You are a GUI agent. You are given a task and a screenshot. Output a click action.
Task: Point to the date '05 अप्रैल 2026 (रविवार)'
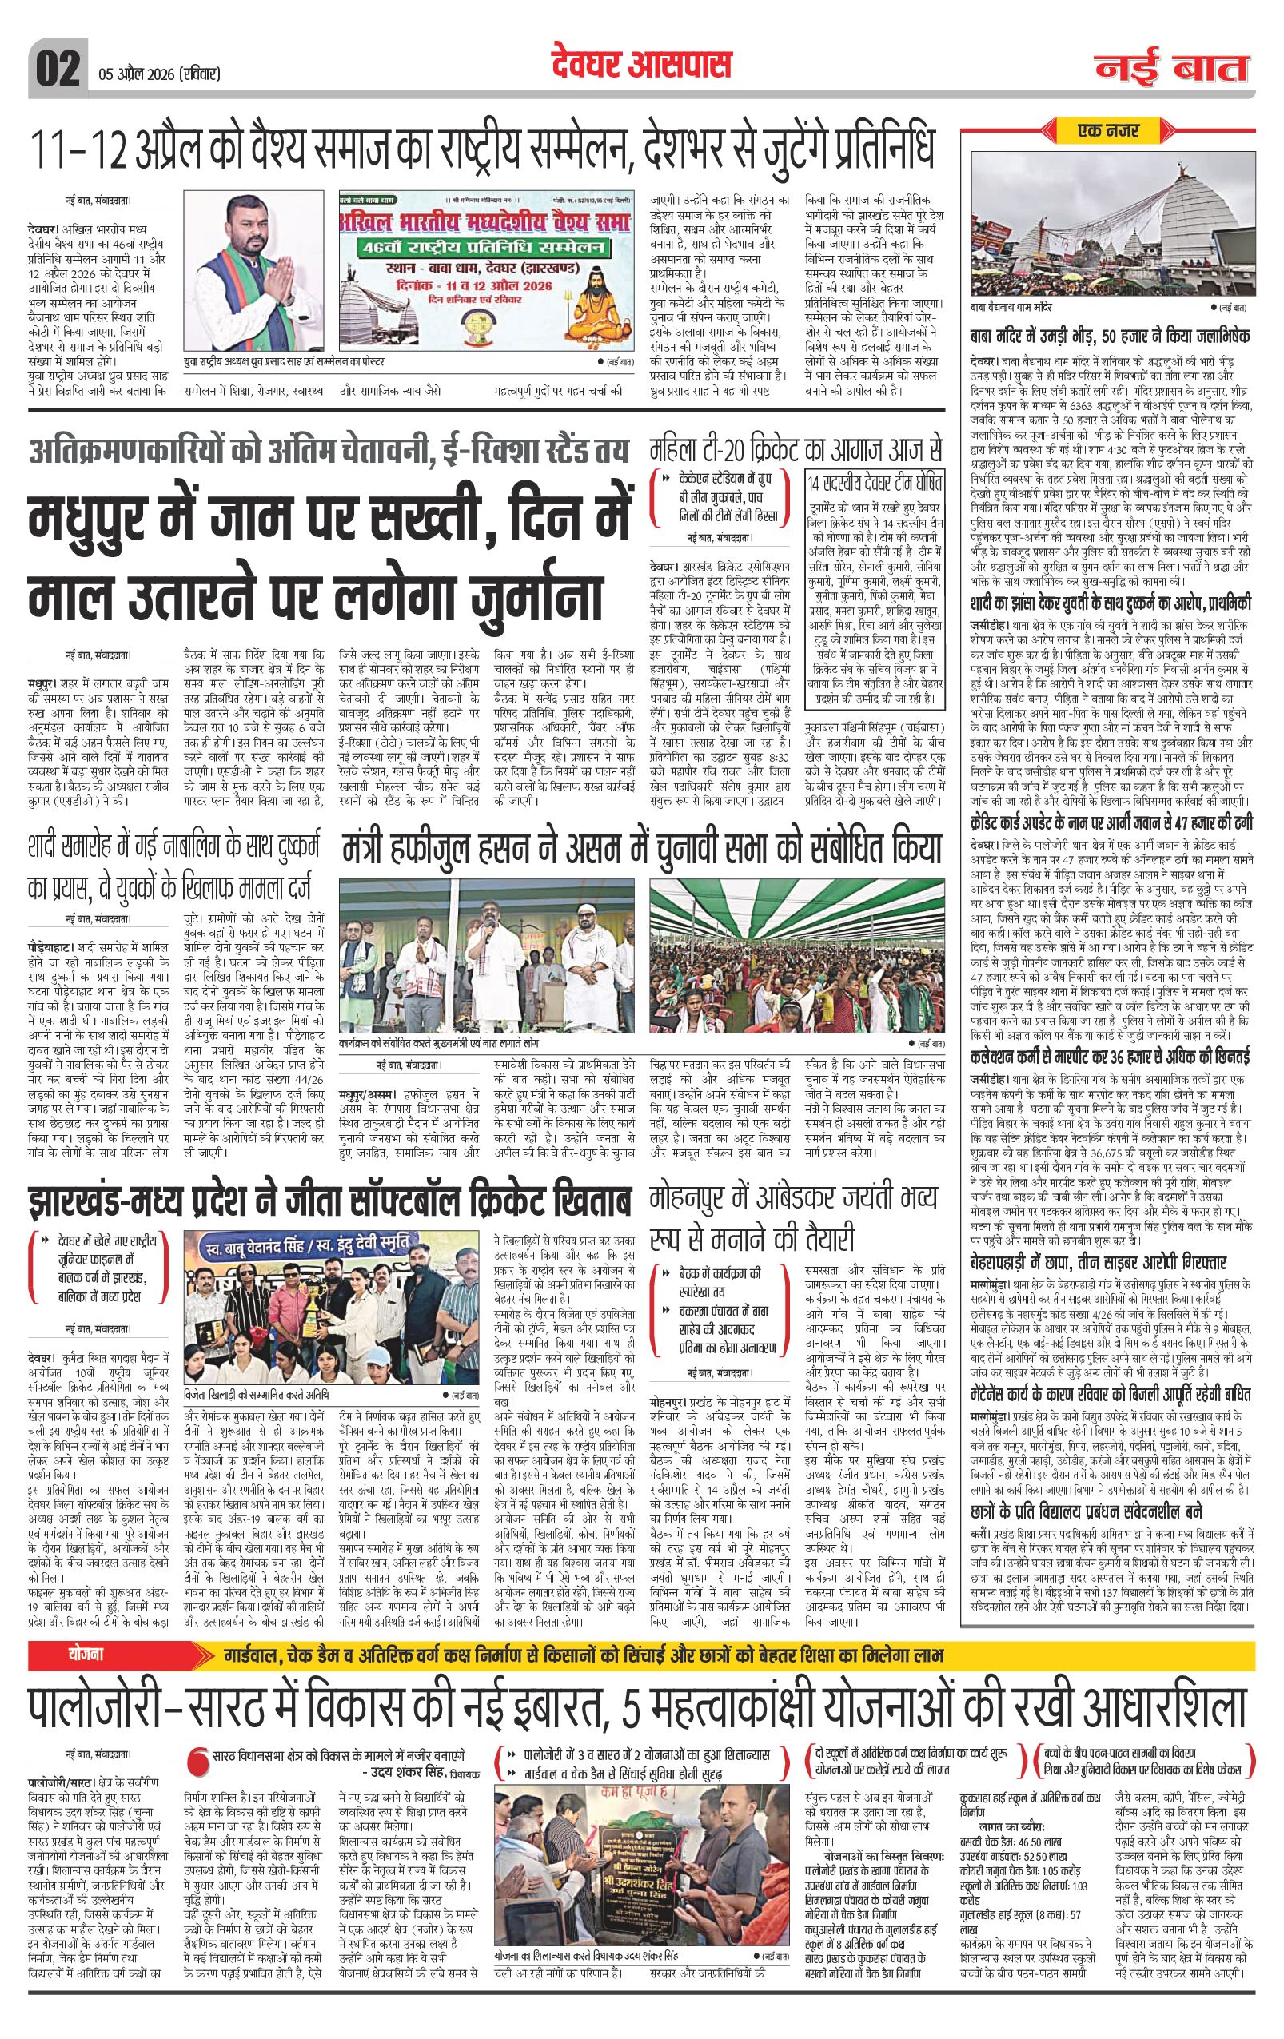(x=155, y=74)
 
